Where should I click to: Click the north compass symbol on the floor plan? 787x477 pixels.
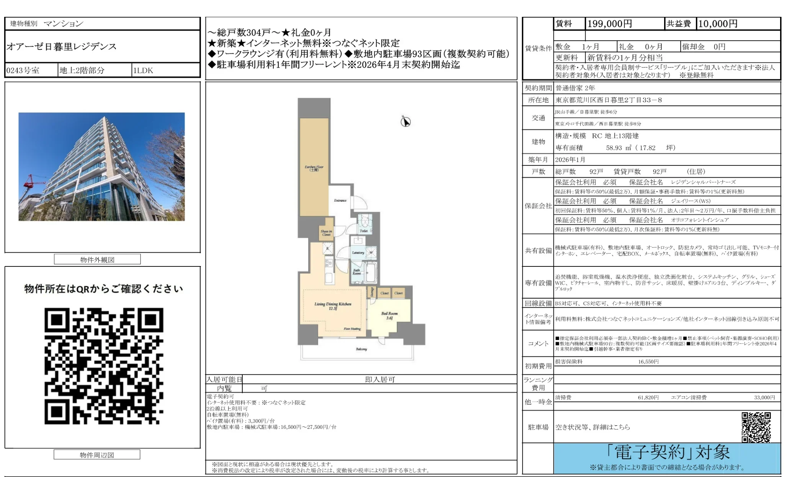click(x=405, y=122)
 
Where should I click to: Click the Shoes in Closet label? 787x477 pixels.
click(x=326, y=233)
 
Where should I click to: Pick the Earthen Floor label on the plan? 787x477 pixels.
click(x=314, y=168)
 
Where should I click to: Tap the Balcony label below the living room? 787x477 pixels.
click(x=361, y=349)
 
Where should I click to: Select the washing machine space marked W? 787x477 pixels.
click(x=371, y=252)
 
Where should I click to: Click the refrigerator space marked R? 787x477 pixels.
click(x=328, y=249)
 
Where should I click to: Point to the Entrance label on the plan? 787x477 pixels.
click(x=340, y=200)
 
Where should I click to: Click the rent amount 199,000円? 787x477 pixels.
click(x=609, y=24)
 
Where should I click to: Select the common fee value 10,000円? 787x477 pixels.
click(x=718, y=24)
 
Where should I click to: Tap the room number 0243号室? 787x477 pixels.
click(x=23, y=70)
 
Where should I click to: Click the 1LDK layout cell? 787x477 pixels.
click(x=143, y=70)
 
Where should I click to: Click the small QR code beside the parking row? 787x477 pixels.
click(x=756, y=427)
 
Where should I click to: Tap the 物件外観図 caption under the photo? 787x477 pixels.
click(x=97, y=260)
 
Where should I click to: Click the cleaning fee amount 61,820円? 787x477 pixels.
click(x=648, y=397)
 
